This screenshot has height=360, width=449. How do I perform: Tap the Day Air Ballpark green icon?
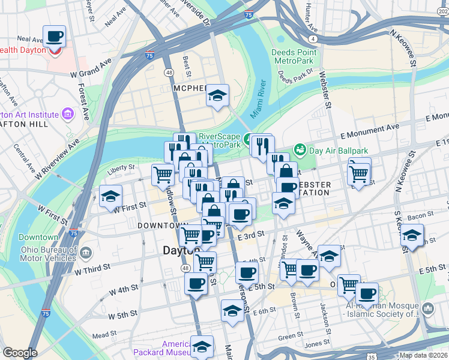pyautogui.click(x=299, y=149)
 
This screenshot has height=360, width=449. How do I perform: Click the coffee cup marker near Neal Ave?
pyautogui.click(x=54, y=36)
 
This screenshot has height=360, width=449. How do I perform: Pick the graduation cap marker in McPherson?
pyautogui.click(x=217, y=95)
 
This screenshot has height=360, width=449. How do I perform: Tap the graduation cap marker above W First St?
pyautogui.click(x=110, y=196)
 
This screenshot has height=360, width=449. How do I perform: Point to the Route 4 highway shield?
pyautogui.click(x=314, y=39)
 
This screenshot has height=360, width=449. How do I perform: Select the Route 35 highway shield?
pyautogui.click(x=372, y=357)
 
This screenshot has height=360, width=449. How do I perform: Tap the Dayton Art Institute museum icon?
pyautogui.click(x=67, y=114)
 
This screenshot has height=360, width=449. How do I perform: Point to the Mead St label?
pyautogui.click(x=104, y=335)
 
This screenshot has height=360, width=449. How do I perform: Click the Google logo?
pyautogui.click(x=20, y=353)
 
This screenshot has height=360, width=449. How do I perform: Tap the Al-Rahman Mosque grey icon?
pyautogui.click(x=428, y=308)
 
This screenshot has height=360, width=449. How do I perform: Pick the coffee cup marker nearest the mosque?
pyautogui.click(x=367, y=294)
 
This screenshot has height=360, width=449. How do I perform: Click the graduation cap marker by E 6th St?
pyautogui.click(x=232, y=311)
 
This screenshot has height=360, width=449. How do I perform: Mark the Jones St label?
pyautogui.click(x=313, y=345)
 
